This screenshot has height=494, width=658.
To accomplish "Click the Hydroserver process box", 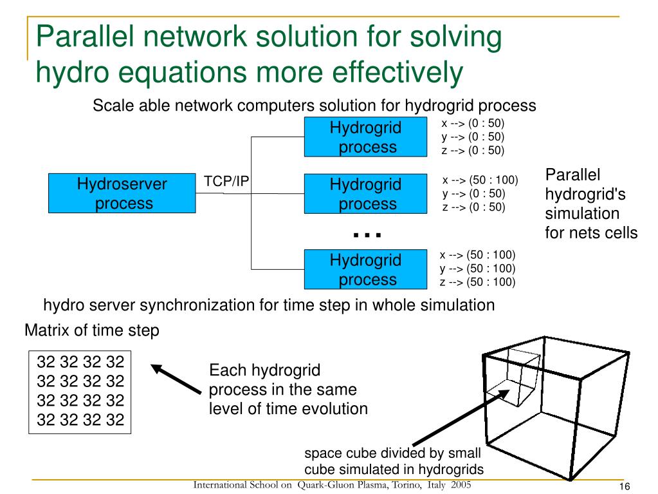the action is point(122,193).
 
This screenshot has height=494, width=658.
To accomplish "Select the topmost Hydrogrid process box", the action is point(365,137).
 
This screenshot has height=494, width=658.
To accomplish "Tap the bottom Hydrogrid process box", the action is point(365,269).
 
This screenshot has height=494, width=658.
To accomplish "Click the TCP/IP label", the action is point(226,182).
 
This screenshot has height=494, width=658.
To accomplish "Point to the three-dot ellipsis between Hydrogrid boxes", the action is point(367,235).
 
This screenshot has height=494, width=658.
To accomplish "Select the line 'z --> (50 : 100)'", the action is point(478,281).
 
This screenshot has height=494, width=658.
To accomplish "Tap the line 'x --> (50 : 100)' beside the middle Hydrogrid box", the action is point(480,180).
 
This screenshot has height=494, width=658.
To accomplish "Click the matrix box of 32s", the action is point(80,391).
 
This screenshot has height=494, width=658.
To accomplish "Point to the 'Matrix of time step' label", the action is point(91,331).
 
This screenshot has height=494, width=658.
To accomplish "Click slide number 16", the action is point(624,486).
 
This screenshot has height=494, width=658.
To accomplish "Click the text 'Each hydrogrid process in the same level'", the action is point(288,389).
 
